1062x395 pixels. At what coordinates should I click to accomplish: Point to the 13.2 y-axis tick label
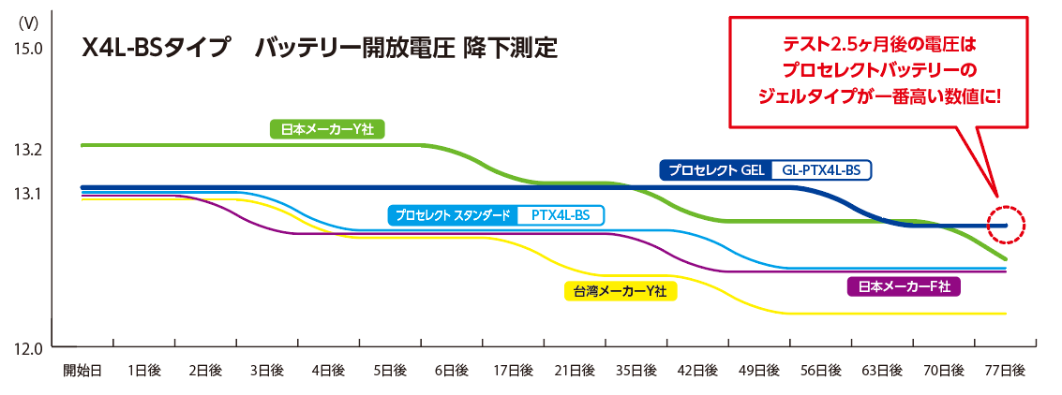[29, 149]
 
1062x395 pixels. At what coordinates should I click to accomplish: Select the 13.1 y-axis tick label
[29, 194]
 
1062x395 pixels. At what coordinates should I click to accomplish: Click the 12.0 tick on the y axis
[29, 349]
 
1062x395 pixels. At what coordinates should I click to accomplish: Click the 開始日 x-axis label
[82, 371]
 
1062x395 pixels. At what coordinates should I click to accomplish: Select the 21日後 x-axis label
[575, 371]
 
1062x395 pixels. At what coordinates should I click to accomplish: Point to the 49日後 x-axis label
[759, 371]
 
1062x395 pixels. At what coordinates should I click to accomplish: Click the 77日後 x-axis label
[1005, 371]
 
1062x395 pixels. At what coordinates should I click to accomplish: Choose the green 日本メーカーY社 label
[327, 129]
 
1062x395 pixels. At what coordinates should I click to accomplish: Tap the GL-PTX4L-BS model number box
[820, 170]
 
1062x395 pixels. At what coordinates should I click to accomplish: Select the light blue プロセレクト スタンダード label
[453, 215]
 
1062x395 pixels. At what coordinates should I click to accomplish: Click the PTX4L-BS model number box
[560, 215]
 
